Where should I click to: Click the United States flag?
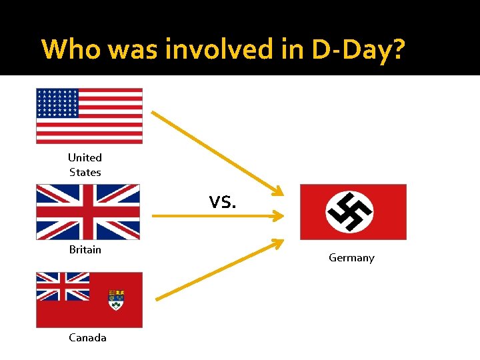pyautogui.click(x=89, y=115)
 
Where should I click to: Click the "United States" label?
pyautogui.click(x=85, y=165)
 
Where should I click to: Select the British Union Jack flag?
pyautogui.click(x=88, y=212)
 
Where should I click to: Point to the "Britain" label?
pyautogui.click(x=85, y=249)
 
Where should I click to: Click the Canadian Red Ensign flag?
pyautogui.click(x=89, y=299)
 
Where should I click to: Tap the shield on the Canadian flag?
pyautogui.click(x=116, y=300)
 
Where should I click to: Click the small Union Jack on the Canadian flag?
pyautogui.click(x=63, y=286)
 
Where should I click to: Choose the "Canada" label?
pyautogui.click(x=87, y=337)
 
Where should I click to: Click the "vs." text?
pyautogui.click(x=222, y=201)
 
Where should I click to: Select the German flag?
pyautogui.click(x=353, y=212)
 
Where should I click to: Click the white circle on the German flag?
pyautogui.click(x=349, y=211)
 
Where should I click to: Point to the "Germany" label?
pyautogui.click(x=351, y=257)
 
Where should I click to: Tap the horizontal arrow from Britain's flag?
pyautogui.click(x=217, y=216)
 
